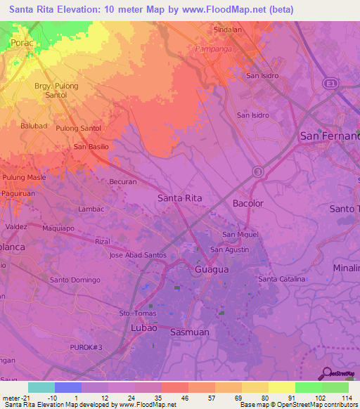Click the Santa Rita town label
pos(179,198)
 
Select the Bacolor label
pos(247,203)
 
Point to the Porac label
pos(22,43)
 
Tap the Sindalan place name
pos(227,30)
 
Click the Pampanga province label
pos(215,48)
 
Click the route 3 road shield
pos(258,171)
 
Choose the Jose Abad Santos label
pos(138,255)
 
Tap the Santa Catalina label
pos(281,279)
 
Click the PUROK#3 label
pos(86,348)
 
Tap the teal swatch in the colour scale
pos(41,387)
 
